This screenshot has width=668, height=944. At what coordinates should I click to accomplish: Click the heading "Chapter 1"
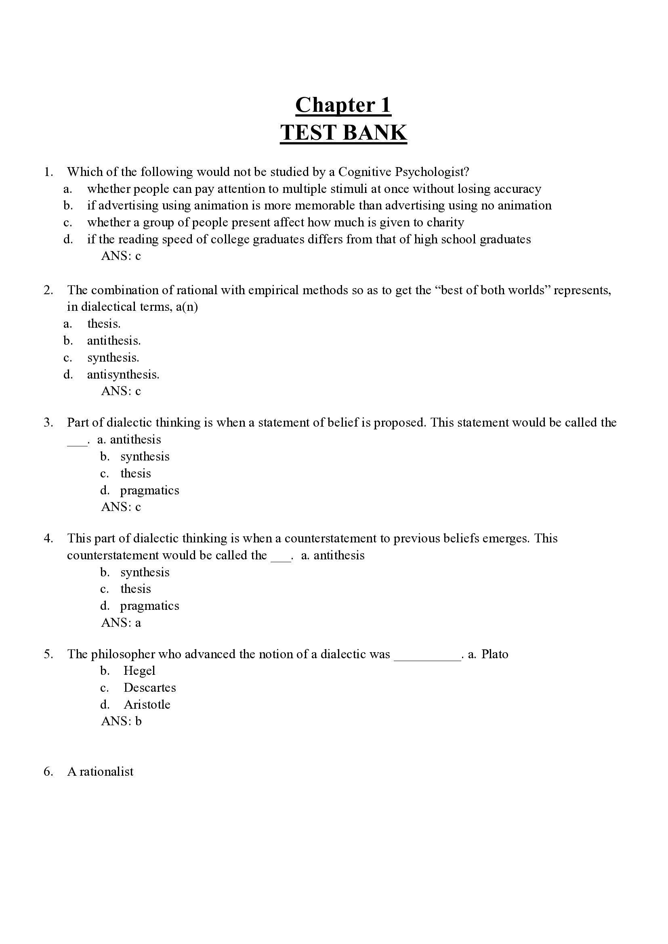tap(343, 105)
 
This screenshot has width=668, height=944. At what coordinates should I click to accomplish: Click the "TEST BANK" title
tap(343, 133)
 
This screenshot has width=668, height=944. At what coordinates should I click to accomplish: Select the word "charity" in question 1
tap(445, 222)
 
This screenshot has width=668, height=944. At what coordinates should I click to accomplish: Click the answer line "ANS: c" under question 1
tap(121, 256)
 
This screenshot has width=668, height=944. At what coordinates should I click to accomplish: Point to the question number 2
tap(48, 290)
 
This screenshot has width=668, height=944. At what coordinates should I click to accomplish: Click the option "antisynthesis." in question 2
tap(123, 375)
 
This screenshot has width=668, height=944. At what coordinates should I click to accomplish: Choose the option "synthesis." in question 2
tap(113, 358)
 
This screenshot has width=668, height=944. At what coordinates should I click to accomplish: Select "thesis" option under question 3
tap(136, 473)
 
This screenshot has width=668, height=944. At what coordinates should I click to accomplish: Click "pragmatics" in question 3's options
tap(150, 490)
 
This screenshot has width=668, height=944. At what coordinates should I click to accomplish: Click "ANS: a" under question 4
tap(121, 623)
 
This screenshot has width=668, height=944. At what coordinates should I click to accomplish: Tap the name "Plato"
tap(494, 654)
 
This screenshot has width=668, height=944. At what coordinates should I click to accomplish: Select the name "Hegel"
tap(139, 671)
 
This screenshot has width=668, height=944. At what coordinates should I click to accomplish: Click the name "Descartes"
tap(150, 688)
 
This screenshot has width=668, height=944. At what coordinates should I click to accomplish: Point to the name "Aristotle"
tap(147, 705)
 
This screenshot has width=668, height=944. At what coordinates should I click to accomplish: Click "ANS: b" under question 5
tap(121, 721)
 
